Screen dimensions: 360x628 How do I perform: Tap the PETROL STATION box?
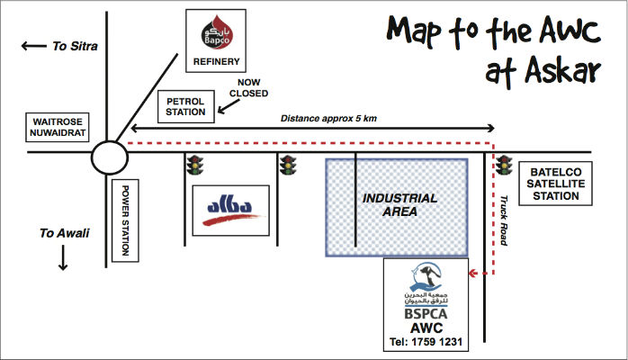(x=186, y=106)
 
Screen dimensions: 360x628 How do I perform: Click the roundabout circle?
(x=109, y=160)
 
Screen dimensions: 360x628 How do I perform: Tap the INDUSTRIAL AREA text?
(x=399, y=204)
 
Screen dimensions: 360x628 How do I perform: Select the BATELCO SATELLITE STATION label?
(x=557, y=184)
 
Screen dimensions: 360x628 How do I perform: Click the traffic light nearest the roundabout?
(x=193, y=165)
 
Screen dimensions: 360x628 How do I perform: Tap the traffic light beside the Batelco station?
(x=505, y=165)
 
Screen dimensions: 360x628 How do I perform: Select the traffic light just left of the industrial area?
(x=288, y=165)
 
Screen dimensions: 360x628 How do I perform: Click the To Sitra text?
(x=75, y=45)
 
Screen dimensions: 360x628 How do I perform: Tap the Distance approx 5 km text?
(x=328, y=118)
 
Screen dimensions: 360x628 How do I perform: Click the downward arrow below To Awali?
(x=64, y=258)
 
